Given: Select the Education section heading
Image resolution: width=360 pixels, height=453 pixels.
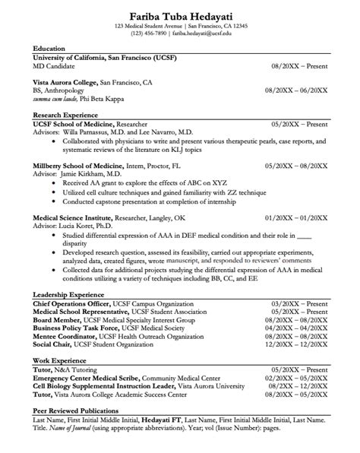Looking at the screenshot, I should (49, 49).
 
